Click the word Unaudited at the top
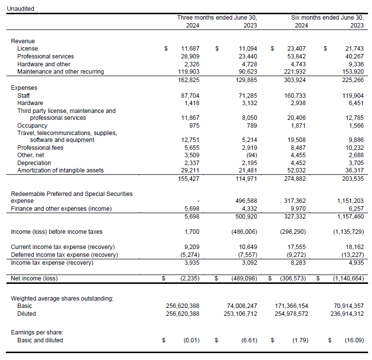click(x=20, y=9)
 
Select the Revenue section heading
click(x=23, y=41)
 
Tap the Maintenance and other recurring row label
click(x=60, y=72)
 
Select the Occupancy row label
click(x=32, y=126)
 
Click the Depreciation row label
click(x=34, y=163)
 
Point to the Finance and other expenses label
click(x=61, y=209)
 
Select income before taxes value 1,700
click(x=192, y=231)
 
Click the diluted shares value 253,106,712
click(x=237, y=313)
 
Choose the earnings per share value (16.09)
click(x=353, y=340)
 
